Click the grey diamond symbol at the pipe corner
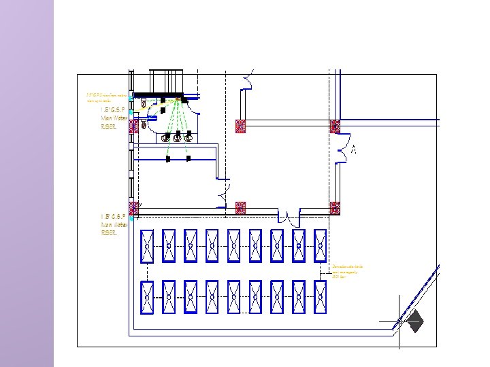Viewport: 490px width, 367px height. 414,320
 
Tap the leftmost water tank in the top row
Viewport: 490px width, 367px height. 147,245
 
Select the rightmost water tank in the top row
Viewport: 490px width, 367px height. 321,245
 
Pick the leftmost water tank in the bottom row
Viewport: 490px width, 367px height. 147,298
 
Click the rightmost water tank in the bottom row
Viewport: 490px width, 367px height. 321,298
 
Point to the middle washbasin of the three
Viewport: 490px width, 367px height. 177,138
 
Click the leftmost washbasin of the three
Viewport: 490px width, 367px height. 165,138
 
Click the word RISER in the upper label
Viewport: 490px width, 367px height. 109,126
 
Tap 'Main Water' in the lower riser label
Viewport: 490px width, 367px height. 114,224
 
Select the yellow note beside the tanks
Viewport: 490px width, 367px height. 347,272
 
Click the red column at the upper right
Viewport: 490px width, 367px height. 334,126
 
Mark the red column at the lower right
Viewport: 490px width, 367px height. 334,208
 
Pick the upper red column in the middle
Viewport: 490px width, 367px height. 240,126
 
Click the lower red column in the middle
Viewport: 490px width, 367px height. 240,207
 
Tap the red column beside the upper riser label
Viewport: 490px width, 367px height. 134,126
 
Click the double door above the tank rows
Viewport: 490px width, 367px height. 293,219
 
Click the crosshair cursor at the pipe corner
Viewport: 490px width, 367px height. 399,321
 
